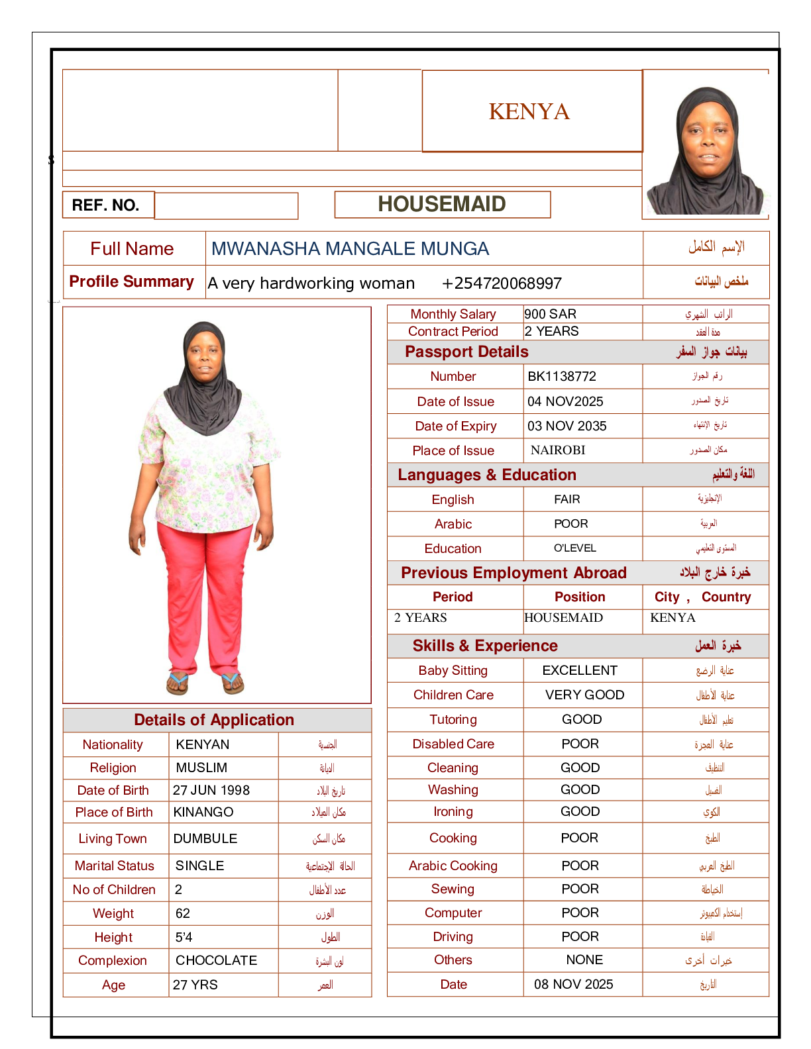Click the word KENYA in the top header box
click(529, 111)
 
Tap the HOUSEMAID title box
click(442, 204)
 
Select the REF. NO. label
click(105, 205)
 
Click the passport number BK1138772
click(562, 376)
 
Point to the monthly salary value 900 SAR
click(550, 314)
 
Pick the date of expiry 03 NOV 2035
click(567, 426)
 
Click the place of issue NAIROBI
click(558, 450)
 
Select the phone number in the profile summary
click(502, 283)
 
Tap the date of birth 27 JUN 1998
click(211, 790)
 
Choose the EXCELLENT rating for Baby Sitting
click(580, 670)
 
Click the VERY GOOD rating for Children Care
click(584, 695)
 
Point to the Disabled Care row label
click(453, 744)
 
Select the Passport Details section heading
click(466, 352)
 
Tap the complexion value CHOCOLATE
click(216, 960)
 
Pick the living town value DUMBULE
click(205, 838)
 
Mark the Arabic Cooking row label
click(453, 866)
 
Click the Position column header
click(580, 597)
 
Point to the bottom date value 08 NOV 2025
click(573, 984)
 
